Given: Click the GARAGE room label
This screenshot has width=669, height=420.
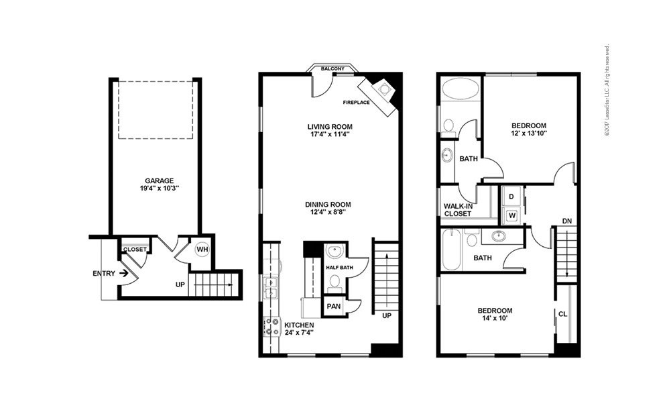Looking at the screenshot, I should (x=160, y=180).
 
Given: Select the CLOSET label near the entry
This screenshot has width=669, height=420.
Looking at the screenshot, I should (x=135, y=249).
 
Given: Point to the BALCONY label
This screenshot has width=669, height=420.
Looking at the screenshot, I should (x=332, y=68).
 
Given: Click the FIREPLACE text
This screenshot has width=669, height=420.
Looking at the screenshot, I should (x=357, y=103).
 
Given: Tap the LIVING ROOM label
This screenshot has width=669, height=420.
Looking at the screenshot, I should (x=330, y=126).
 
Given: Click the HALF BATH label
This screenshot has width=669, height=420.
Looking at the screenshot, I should (x=339, y=268).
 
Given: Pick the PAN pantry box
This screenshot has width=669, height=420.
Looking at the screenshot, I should (x=333, y=307).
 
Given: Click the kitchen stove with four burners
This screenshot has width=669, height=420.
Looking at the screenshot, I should (x=273, y=327).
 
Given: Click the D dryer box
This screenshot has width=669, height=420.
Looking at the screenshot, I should (x=511, y=197).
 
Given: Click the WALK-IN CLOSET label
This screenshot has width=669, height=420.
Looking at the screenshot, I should (x=458, y=210).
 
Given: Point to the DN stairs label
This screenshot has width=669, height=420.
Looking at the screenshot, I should (x=566, y=220).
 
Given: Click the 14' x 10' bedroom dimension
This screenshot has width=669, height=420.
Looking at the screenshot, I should (x=495, y=319).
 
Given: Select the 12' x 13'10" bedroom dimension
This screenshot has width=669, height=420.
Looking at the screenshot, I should (x=529, y=133).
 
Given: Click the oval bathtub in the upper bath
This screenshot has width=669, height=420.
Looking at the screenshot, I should (x=461, y=89).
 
